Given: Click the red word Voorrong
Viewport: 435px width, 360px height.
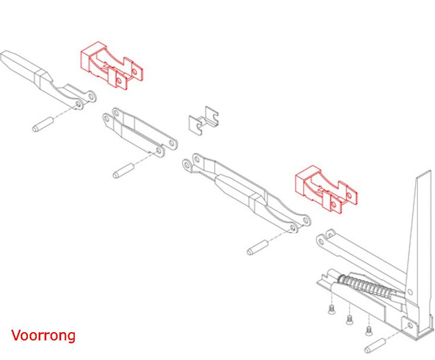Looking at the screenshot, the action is (43, 335).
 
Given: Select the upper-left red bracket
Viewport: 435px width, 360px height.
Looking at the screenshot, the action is (111, 66).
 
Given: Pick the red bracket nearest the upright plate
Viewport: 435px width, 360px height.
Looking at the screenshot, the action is (326, 189).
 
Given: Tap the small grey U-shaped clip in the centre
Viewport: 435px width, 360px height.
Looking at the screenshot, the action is (204, 121).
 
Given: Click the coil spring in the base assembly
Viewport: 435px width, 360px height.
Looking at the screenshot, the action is (366, 286).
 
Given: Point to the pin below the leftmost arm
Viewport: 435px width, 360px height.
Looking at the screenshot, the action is (43, 125).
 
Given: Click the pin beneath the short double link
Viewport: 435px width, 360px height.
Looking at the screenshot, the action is (123, 171).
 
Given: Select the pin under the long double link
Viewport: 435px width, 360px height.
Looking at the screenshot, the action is (258, 248).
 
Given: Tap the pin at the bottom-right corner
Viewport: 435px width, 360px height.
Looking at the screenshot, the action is (375, 346).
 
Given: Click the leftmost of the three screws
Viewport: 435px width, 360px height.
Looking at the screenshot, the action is (332, 310).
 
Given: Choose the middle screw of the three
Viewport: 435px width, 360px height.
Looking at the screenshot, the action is (350, 320).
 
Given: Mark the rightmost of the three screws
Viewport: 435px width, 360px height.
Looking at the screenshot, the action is (369, 330).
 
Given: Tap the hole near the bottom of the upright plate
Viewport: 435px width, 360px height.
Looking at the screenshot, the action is (409, 292).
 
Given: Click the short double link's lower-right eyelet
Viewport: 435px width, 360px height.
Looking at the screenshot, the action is (159, 151).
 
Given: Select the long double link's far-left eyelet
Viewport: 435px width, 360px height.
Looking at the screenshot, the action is (187, 165).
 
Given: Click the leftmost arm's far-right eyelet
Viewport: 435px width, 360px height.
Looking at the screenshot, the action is (91, 97).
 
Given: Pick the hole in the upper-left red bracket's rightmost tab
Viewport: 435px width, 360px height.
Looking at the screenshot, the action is (135, 72).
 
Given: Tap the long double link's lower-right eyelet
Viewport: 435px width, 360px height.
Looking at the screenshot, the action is (293, 228).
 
